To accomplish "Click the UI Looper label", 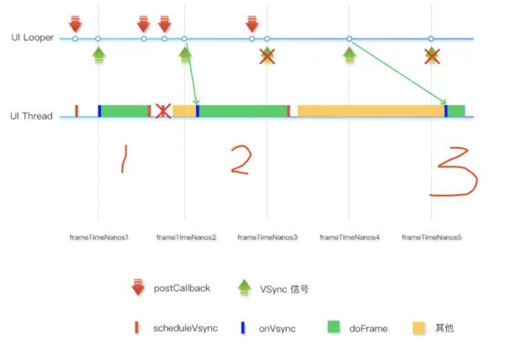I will tap(33, 38).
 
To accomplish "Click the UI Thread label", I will tap(33, 116).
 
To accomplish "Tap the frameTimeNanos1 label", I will tap(98, 237).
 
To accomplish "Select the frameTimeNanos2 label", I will tap(186, 237).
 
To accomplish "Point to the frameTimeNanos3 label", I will tap(268, 237).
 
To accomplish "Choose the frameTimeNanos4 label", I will tap(349, 237).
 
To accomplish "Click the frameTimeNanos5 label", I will tap(432, 237).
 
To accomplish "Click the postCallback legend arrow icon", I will tap(138, 288).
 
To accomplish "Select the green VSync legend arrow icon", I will tap(244, 288).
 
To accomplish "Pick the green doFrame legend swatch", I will tap(333, 327).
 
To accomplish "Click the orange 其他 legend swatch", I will tap(419, 327).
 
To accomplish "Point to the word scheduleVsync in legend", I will tap(185, 327).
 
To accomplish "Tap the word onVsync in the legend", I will tap(276, 327).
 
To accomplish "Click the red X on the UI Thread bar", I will tap(163, 110).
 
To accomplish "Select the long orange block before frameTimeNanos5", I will tap(370, 110).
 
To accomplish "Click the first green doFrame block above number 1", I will tap(124, 110).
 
